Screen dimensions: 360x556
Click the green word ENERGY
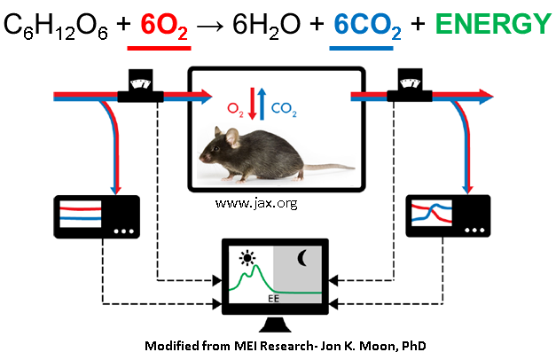click(489, 24)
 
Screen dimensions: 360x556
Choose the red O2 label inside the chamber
click(234, 112)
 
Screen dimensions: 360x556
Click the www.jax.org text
click(255, 204)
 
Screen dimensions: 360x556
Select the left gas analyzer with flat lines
click(91, 217)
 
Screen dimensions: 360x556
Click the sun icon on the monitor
click(245, 259)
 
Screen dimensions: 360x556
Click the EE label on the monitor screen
click(274, 299)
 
